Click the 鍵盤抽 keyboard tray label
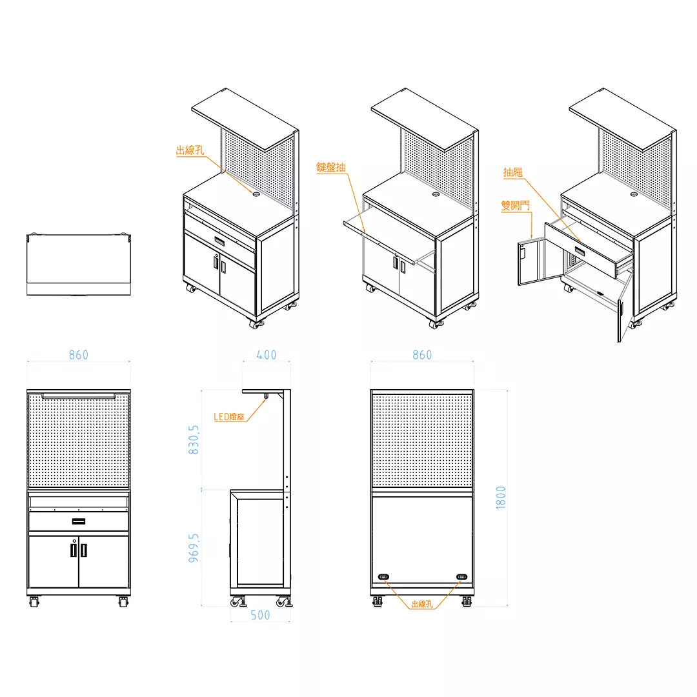[x=331, y=167]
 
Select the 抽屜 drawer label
[x=512, y=172]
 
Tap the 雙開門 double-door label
[x=515, y=205]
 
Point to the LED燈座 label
[x=229, y=416]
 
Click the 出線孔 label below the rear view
[x=422, y=604]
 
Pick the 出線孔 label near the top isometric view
[x=190, y=150]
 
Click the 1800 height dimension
[x=501, y=498]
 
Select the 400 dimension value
[x=267, y=355]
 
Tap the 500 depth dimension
[x=260, y=615]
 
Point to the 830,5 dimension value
[x=194, y=439]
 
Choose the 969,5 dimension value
[x=194, y=548]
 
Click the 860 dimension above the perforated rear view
[x=422, y=355]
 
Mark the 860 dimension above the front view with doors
[x=79, y=355]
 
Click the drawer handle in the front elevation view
[x=79, y=521]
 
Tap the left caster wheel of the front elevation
[x=34, y=602]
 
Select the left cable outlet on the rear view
[x=383, y=577]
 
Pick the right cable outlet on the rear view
[x=462, y=577]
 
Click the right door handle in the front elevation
[x=83, y=551]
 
